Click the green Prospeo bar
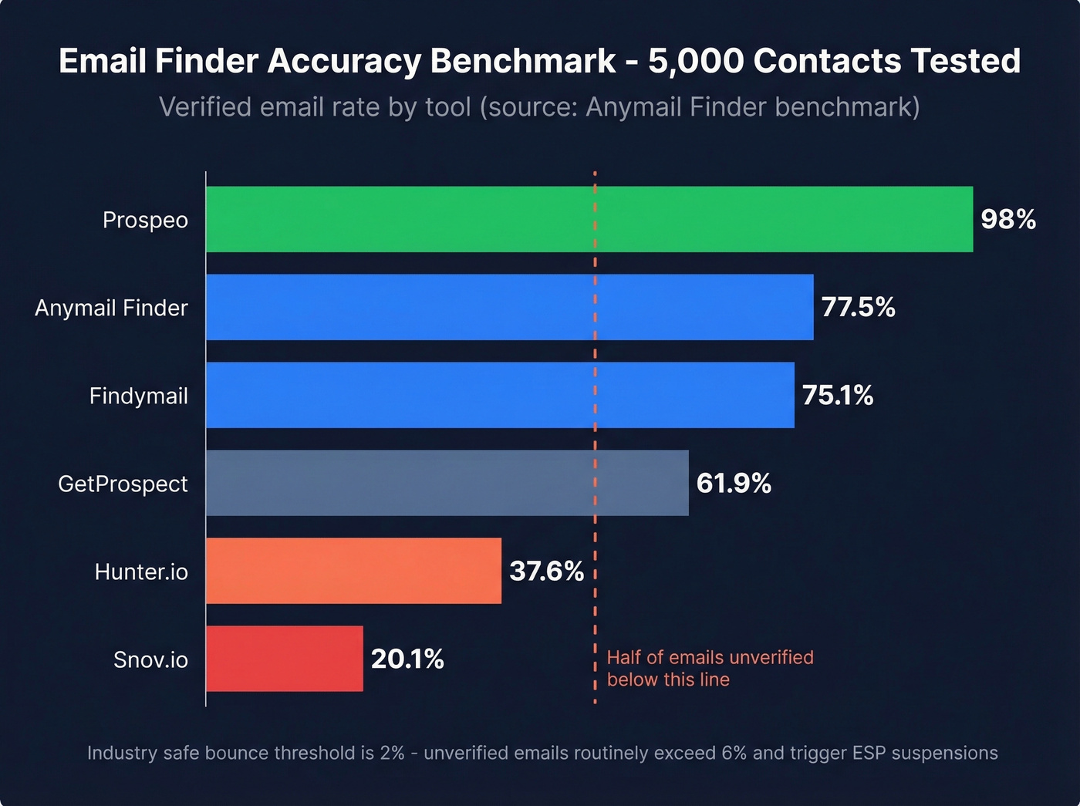589,219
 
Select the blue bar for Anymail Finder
509,307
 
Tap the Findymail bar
500,395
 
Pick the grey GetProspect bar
447,483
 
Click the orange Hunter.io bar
353,571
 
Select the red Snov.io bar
284,659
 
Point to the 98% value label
1007,219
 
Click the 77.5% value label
858,307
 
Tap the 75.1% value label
838,395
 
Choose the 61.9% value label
734,484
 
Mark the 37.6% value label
546,572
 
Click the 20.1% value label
407,659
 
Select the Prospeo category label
145,221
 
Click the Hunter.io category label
141,572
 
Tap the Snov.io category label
150,659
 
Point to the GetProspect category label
123,484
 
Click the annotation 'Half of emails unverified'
710,657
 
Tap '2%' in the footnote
392,753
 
